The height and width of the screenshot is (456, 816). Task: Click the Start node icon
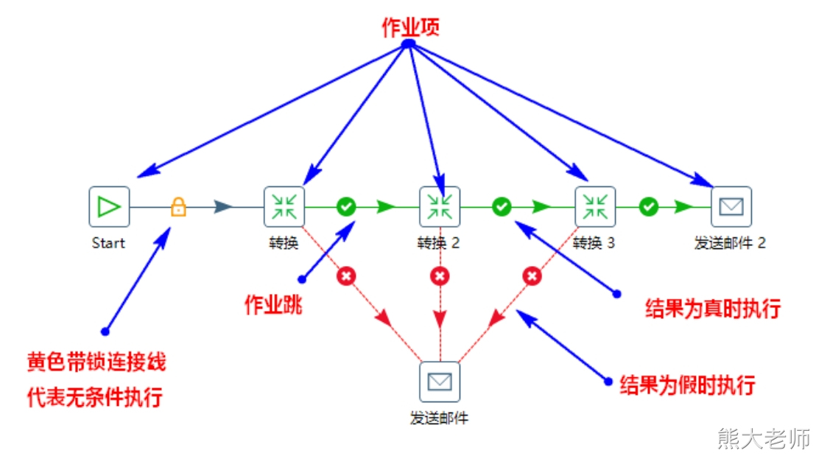[109, 206]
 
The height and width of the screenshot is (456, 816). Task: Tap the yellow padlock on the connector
[178, 207]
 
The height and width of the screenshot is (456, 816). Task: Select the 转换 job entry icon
[284, 206]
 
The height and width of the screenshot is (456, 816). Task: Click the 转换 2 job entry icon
[440, 206]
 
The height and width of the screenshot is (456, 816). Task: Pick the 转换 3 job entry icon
[595, 206]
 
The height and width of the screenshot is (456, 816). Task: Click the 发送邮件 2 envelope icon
[731, 206]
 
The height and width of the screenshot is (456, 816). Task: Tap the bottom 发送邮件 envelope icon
[440, 382]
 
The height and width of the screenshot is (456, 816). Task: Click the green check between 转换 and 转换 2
[346, 207]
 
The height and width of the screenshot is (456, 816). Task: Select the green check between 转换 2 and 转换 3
[502, 207]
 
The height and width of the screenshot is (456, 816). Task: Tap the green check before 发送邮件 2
[648, 207]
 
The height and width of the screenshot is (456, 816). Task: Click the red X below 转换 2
[440, 276]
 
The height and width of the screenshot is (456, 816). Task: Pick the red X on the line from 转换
[346, 276]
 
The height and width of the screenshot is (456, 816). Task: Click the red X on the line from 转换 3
[532, 276]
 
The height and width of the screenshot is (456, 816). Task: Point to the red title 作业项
[410, 27]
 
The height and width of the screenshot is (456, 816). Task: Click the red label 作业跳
[273, 304]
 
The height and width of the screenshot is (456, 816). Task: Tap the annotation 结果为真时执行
[712, 308]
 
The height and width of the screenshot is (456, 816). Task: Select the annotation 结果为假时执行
[688, 385]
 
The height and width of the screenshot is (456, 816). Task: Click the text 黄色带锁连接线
[96, 362]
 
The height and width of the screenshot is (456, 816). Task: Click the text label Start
[108, 243]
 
